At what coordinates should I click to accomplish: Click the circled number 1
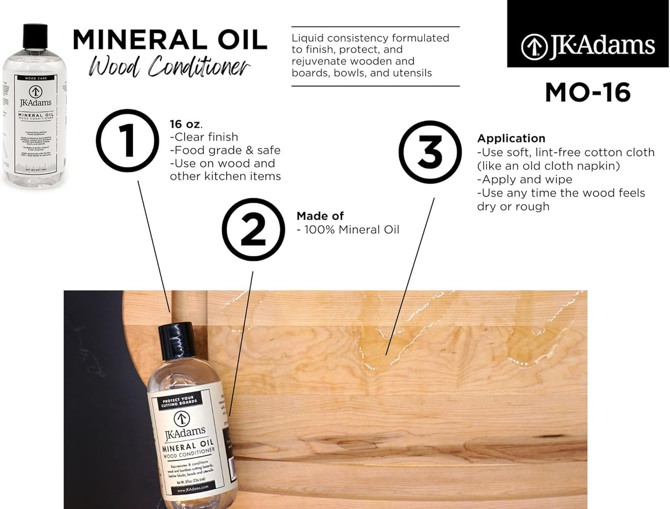pyautogui.click(x=127, y=140)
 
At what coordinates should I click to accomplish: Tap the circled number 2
pyautogui.click(x=253, y=229)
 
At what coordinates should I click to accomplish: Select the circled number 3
pyautogui.click(x=430, y=152)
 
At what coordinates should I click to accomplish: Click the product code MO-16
pyautogui.click(x=587, y=93)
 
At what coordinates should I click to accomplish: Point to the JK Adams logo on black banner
pyautogui.click(x=588, y=46)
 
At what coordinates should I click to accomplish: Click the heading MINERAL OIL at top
pyautogui.click(x=170, y=40)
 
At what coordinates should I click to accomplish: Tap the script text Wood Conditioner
pyautogui.click(x=169, y=66)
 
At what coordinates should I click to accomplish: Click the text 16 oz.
pyautogui.click(x=185, y=124)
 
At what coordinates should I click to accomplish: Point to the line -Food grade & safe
pyautogui.click(x=225, y=150)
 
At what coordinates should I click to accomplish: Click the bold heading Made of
pyautogui.click(x=320, y=216)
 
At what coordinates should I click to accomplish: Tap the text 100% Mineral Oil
pyautogui.click(x=351, y=229)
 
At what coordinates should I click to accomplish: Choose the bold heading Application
pyautogui.click(x=511, y=138)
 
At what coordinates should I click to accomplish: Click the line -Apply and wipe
pyautogui.click(x=524, y=179)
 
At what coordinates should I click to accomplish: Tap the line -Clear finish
pyautogui.click(x=204, y=137)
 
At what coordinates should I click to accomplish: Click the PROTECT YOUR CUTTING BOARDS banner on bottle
pyautogui.click(x=179, y=401)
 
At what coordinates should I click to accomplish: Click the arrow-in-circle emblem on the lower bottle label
pyautogui.click(x=181, y=419)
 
